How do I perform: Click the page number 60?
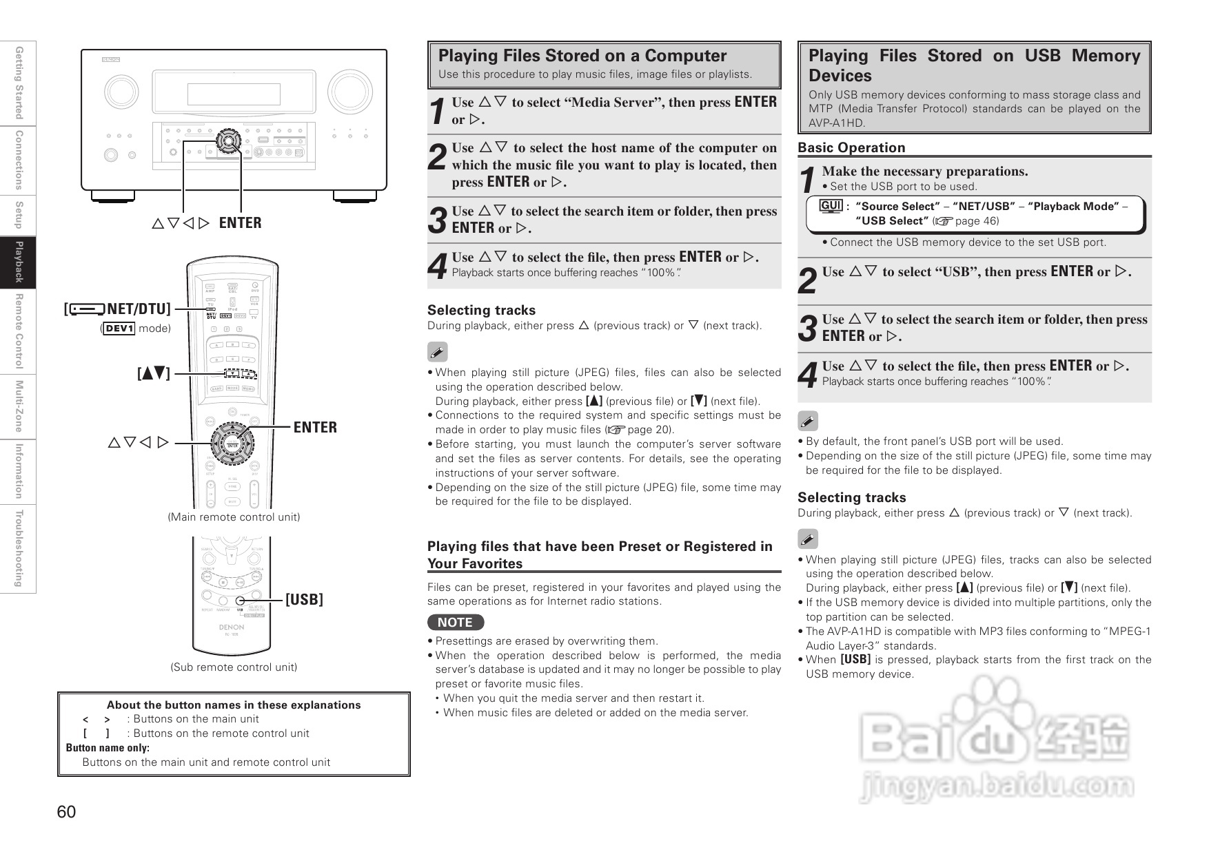click(67, 812)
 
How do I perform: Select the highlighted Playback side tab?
click(19, 262)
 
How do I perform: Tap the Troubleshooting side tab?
click(19, 548)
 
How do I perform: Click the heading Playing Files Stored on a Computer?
click(582, 56)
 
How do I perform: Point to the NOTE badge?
click(455, 623)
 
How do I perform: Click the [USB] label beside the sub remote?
click(304, 600)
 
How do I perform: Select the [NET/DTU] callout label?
click(118, 309)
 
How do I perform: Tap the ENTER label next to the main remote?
click(315, 428)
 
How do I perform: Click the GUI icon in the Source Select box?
click(831, 206)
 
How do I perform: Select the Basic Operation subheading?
click(851, 147)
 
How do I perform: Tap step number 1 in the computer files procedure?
click(437, 111)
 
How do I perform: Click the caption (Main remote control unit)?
click(234, 517)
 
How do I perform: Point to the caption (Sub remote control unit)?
click(234, 667)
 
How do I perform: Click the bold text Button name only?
click(108, 748)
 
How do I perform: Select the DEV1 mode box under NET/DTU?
click(119, 329)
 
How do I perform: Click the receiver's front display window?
click(234, 94)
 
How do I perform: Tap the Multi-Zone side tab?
click(19, 406)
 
